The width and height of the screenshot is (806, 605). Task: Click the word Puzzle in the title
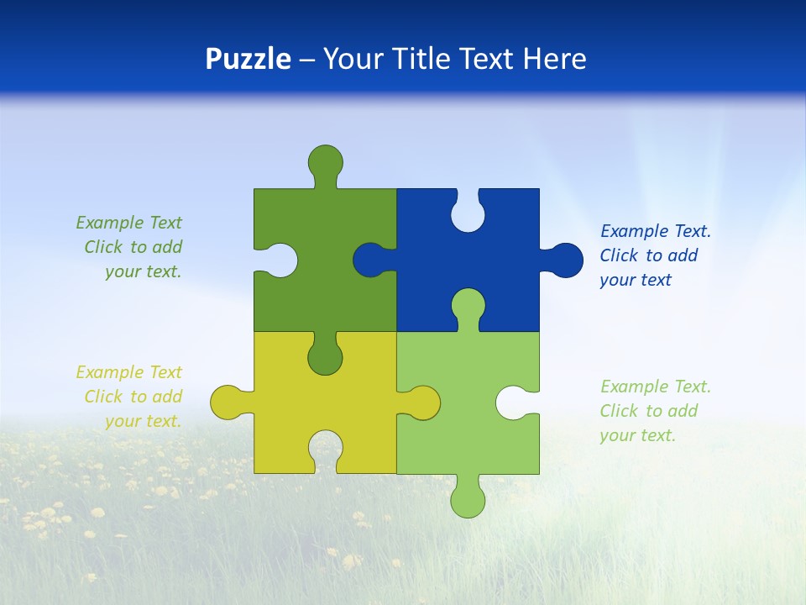point(249,60)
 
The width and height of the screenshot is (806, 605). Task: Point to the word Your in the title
point(350,60)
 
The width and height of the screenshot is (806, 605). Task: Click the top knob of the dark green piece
point(325,161)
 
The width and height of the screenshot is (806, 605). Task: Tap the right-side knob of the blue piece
point(565,260)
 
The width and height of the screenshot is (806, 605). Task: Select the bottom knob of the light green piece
point(468,499)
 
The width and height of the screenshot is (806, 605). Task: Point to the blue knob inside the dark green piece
point(370,260)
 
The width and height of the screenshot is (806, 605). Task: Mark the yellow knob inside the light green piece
point(422,402)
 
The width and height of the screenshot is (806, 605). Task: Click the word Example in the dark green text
point(109,223)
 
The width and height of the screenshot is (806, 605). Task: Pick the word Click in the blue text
point(620,255)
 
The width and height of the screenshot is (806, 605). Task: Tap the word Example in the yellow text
point(109,372)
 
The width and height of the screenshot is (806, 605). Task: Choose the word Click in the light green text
point(620,411)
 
